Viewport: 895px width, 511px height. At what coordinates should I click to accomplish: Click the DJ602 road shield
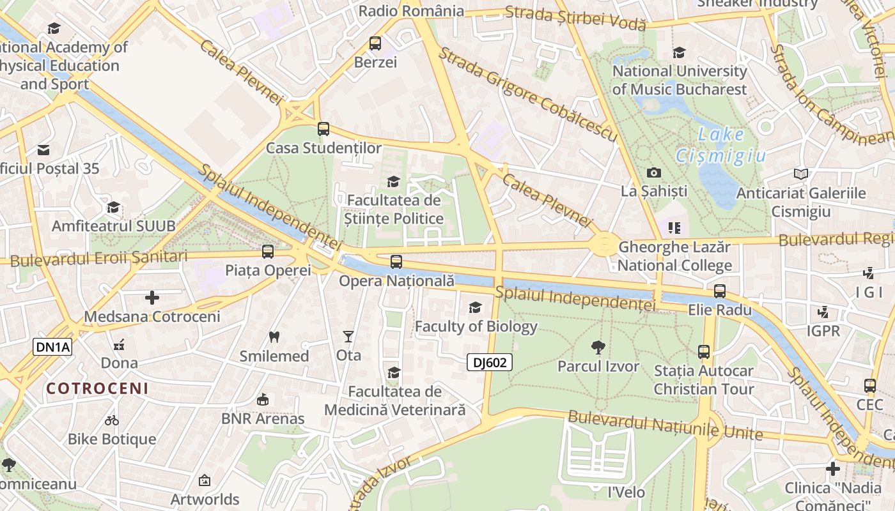click(490, 363)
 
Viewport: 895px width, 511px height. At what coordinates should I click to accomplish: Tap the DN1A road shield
click(52, 347)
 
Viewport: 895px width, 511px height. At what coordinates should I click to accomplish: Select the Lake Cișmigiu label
click(721, 144)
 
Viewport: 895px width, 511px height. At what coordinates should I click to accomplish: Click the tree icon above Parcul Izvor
click(598, 347)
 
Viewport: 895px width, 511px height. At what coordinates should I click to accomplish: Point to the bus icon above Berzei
click(375, 43)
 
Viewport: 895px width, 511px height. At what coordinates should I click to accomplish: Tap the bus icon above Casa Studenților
click(323, 129)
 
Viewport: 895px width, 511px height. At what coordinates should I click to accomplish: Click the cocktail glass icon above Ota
click(348, 336)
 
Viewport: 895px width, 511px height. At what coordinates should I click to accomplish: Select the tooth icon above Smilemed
click(274, 337)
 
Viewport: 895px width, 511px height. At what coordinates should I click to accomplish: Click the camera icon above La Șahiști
click(653, 172)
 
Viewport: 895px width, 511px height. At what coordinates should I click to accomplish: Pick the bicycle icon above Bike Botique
click(112, 420)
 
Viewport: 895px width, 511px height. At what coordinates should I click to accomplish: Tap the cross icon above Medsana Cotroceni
click(152, 298)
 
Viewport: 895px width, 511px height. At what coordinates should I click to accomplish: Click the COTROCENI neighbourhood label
click(97, 388)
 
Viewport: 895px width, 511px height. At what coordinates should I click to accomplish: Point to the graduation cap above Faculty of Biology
click(475, 308)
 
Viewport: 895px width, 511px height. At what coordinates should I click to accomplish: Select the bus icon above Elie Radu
click(720, 291)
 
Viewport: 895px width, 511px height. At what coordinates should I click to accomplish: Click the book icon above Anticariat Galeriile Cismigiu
click(800, 174)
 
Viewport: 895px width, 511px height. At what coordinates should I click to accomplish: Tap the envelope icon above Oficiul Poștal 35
click(43, 150)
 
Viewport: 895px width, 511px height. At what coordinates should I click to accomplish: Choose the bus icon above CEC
click(870, 386)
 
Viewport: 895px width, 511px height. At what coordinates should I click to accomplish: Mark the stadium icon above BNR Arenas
click(262, 400)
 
